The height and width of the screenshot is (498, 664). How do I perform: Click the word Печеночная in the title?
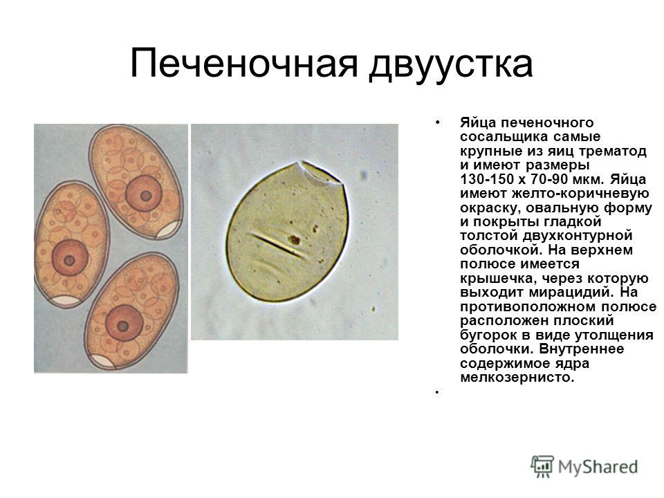click(244, 64)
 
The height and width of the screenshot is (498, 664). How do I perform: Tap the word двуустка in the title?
click(450, 66)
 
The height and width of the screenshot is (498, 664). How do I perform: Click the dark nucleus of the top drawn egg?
click(143, 194)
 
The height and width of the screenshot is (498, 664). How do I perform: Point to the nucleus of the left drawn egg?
click(70, 258)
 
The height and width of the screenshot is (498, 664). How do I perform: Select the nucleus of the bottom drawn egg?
click(124, 323)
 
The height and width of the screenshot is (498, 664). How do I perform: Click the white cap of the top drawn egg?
click(168, 229)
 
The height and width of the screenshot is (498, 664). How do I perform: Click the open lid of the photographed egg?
click(320, 172)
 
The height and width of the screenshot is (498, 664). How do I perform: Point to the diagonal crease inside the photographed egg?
click(278, 245)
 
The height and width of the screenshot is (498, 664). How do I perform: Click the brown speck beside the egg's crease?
click(294, 240)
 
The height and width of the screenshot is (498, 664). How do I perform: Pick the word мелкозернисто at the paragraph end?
click(517, 378)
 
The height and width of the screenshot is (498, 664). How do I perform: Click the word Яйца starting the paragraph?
click(478, 123)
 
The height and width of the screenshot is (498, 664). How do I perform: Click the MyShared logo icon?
click(542, 467)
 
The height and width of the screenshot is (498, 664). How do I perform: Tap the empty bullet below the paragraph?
click(436, 393)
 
